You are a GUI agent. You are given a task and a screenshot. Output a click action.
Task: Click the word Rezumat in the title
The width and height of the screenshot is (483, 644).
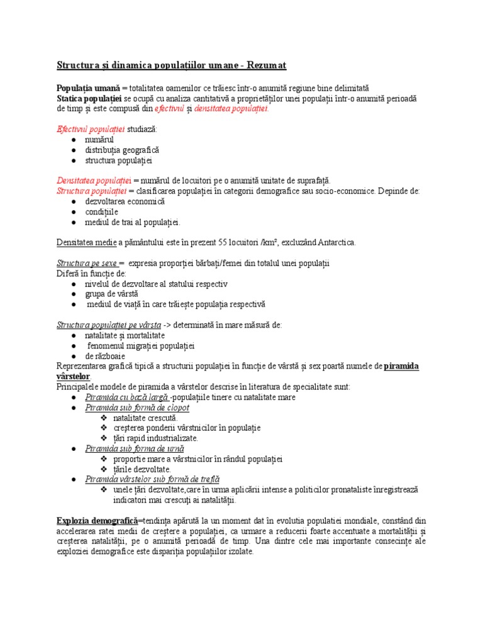click(265, 65)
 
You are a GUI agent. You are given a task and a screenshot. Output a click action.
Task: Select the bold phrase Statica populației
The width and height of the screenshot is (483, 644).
click(89, 99)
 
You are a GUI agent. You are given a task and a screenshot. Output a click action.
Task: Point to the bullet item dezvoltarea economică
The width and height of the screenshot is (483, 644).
click(125, 201)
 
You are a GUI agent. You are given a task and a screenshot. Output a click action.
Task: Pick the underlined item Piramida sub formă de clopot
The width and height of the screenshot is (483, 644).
click(137, 408)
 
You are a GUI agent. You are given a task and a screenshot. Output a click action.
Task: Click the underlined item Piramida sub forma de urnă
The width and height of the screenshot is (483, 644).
click(135, 448)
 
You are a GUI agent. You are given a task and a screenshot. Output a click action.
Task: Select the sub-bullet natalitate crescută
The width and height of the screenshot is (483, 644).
click(145, 418)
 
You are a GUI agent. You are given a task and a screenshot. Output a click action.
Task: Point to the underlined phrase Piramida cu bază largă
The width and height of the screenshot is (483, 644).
click(127, 397)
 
